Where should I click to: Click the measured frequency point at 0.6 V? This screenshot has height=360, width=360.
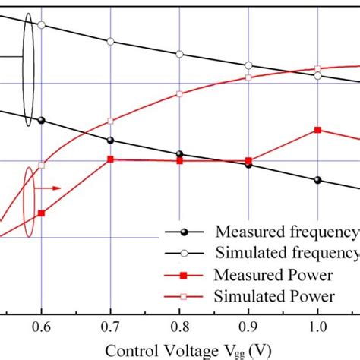click(x=41, y=120)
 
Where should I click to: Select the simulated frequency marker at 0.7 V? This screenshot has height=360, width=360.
click(x=111, y=41)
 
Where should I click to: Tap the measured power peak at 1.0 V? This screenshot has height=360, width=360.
click(x=317, y=130)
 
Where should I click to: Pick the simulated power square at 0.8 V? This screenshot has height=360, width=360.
click(x=179, y=94)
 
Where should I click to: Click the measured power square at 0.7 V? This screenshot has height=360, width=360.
click(x=111, y=159)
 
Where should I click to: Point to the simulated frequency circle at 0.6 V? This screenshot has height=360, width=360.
click(x=41, y=24)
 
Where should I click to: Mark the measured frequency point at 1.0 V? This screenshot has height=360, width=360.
click(x=317, y=180)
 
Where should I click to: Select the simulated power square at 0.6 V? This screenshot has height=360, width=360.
click(x=42, y=166)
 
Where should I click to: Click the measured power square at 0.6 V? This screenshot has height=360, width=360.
click(x=41, y=213)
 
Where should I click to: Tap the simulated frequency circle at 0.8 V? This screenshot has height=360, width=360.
click(x=179, y=54)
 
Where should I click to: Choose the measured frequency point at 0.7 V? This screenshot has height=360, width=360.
click(x=111, y=140)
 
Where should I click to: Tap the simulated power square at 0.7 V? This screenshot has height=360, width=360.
click(x=111, y=121)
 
